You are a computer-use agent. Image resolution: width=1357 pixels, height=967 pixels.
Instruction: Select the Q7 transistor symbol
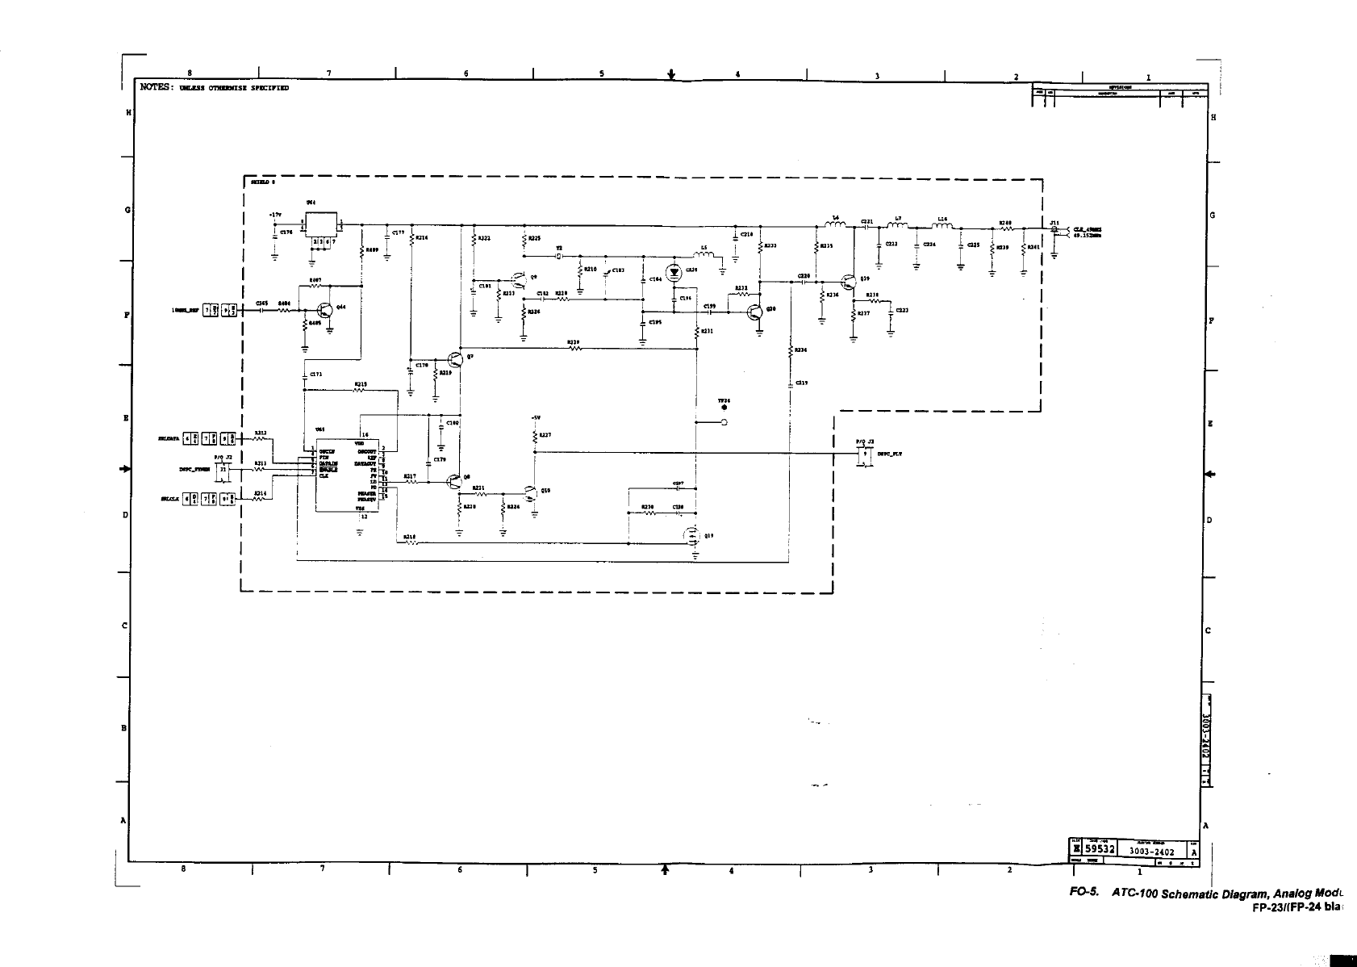[454, 360]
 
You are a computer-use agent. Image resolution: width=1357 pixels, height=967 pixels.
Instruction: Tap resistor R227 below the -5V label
[534, 436]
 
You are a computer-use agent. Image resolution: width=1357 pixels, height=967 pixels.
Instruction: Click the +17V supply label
[276, 215]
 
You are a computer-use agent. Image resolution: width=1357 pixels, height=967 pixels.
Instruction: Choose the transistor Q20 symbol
[755, 312]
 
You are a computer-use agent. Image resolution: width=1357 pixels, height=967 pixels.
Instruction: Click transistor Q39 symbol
[848, 283]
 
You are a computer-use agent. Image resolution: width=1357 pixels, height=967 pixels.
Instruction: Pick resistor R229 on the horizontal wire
[574, 349]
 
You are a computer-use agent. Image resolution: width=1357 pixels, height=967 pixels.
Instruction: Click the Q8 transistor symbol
[454, 482]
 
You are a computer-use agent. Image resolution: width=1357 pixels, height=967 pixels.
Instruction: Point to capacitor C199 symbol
[710, 312]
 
